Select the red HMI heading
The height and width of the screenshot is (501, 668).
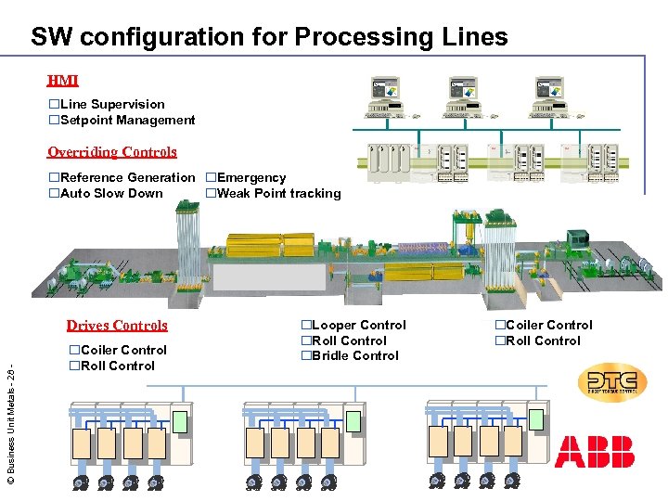click(63, 81)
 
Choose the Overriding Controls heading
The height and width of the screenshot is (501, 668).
click(112, 151)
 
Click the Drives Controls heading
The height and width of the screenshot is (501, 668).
click(117, 325)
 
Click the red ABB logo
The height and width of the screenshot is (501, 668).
click(595, 451)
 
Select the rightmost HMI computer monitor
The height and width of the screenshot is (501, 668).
click(547, 90)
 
